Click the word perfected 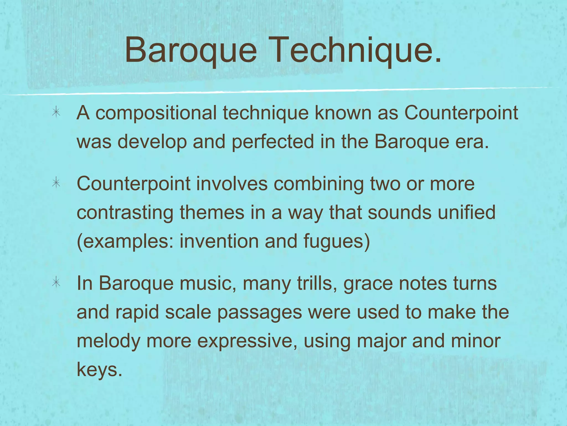pyautogui.click(x=273, y=142)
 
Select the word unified pyautogui.click(x=468, y=212)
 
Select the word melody pyautogui.click(x=108, y=341)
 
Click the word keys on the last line pyautogui.click(x=99, y=370)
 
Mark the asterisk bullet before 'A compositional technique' pyautogui.click(x=56, y=113)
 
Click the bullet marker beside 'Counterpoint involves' pyautogui.click(x=56, y=183)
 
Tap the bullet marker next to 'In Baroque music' pyautogui.click(x=56, y=283)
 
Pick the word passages pyautogui.click(x=259, y=313)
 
